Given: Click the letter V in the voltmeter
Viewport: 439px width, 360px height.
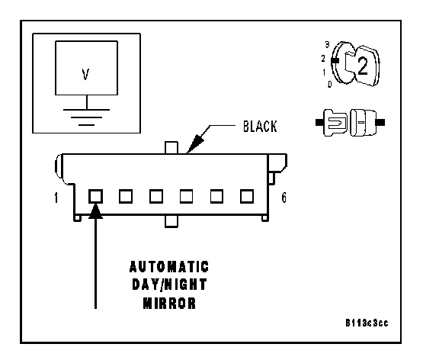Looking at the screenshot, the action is (x=85, y=75).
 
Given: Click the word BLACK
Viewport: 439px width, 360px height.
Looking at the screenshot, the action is (x=260, y=127).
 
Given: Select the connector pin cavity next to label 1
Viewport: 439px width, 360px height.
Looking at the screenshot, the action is (x=95, y=196).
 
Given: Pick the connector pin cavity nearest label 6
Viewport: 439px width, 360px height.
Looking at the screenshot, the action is (x=247, y=196).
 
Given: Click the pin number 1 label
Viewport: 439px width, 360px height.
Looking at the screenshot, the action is (x=56, y=198).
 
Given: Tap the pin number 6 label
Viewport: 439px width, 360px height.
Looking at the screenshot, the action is (x=284, y=198).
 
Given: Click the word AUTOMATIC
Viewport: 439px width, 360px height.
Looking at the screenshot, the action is (x=169, y=267).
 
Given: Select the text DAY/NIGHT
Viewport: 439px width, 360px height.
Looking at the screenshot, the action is (x=169, y=285).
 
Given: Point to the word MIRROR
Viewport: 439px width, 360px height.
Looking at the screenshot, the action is (x=169, y=303).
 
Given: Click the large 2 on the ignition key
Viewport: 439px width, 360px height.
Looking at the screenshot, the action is (x=363, y=66).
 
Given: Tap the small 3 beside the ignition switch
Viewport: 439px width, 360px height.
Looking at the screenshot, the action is (x=327, y=44).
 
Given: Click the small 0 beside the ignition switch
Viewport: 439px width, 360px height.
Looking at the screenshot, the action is (x=330, y=84).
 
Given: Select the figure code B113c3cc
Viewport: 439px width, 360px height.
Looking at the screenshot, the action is (x=367, y=323).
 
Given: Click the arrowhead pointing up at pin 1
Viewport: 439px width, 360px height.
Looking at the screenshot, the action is (x=95, y=211).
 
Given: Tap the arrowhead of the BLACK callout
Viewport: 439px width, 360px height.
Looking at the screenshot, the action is (x=195, y=143).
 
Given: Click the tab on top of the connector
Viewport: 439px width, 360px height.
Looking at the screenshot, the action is (x=171, y=148).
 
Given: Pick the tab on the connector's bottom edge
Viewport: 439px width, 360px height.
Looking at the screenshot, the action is (x=171, y=221).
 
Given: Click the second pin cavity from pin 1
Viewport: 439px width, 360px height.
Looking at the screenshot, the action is (x=126, y=196).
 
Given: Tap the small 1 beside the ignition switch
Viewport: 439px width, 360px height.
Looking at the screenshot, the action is (x=324, y=72).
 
